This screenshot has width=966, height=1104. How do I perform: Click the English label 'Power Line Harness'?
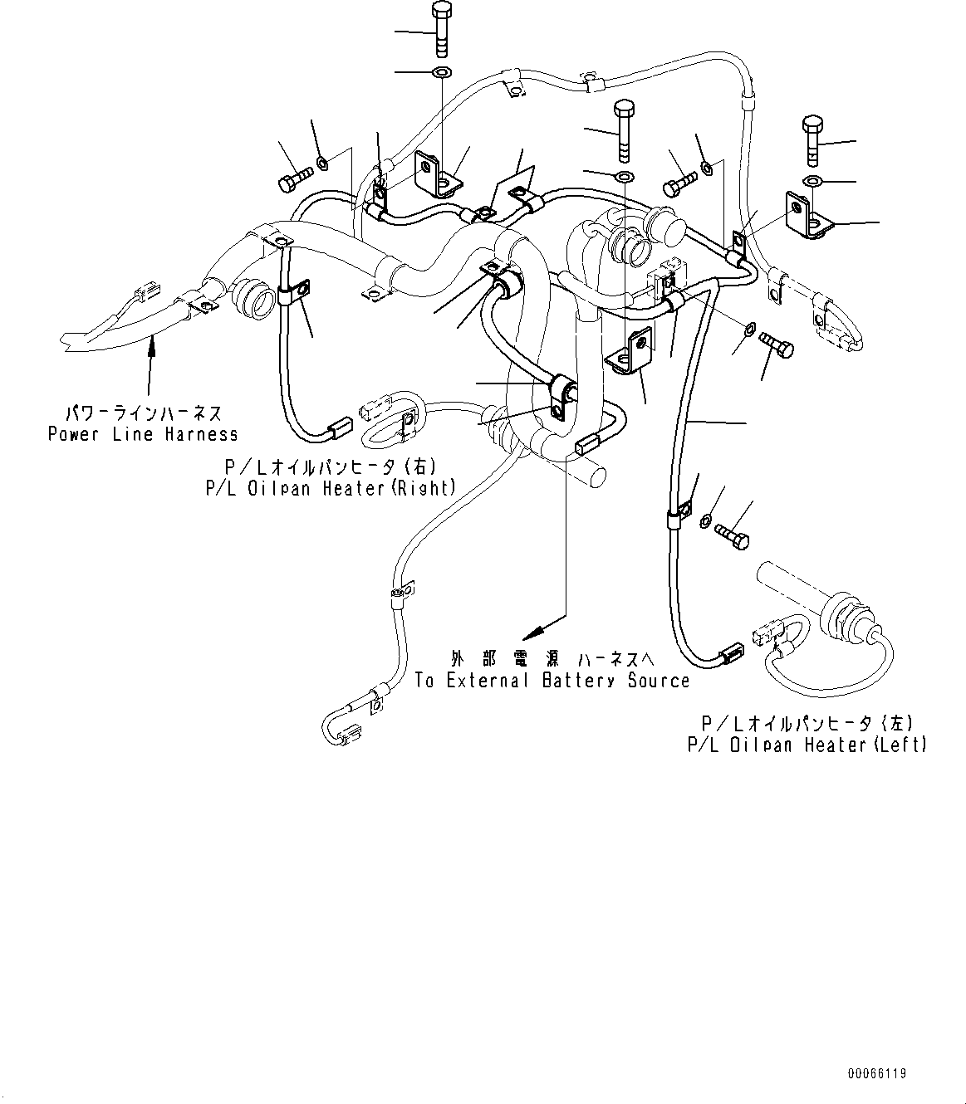coord(143,434)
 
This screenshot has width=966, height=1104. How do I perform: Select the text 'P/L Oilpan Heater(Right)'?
coord(331,488)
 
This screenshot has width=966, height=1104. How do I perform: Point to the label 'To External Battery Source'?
coord(552,681)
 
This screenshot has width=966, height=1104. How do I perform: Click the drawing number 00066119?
coord(877,1073)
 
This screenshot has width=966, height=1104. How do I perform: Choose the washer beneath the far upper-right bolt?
coord(813,181)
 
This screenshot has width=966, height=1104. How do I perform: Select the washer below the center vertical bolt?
coord(623,176)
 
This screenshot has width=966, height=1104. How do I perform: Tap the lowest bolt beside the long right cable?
coord(731,532)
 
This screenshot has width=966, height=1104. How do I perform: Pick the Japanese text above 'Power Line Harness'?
coord(143,413)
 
